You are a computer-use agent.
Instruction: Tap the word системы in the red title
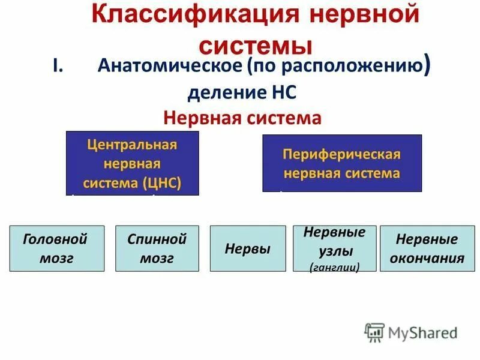tap(256, 46)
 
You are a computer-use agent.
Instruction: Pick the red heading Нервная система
tap(242, 118)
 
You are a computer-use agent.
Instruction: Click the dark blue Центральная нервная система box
tap(132, 163)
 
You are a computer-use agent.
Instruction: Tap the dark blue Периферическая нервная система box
tap(342, 163)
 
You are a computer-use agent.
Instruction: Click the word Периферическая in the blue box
tap(342, 154)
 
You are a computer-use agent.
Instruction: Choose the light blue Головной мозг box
tap(56, 248)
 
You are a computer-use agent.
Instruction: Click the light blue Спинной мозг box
tap(157, 248)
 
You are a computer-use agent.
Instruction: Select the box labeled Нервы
tap(247, 248)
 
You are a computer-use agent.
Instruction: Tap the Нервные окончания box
tap(427, 248)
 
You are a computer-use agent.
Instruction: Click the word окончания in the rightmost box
tap(427, 259)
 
